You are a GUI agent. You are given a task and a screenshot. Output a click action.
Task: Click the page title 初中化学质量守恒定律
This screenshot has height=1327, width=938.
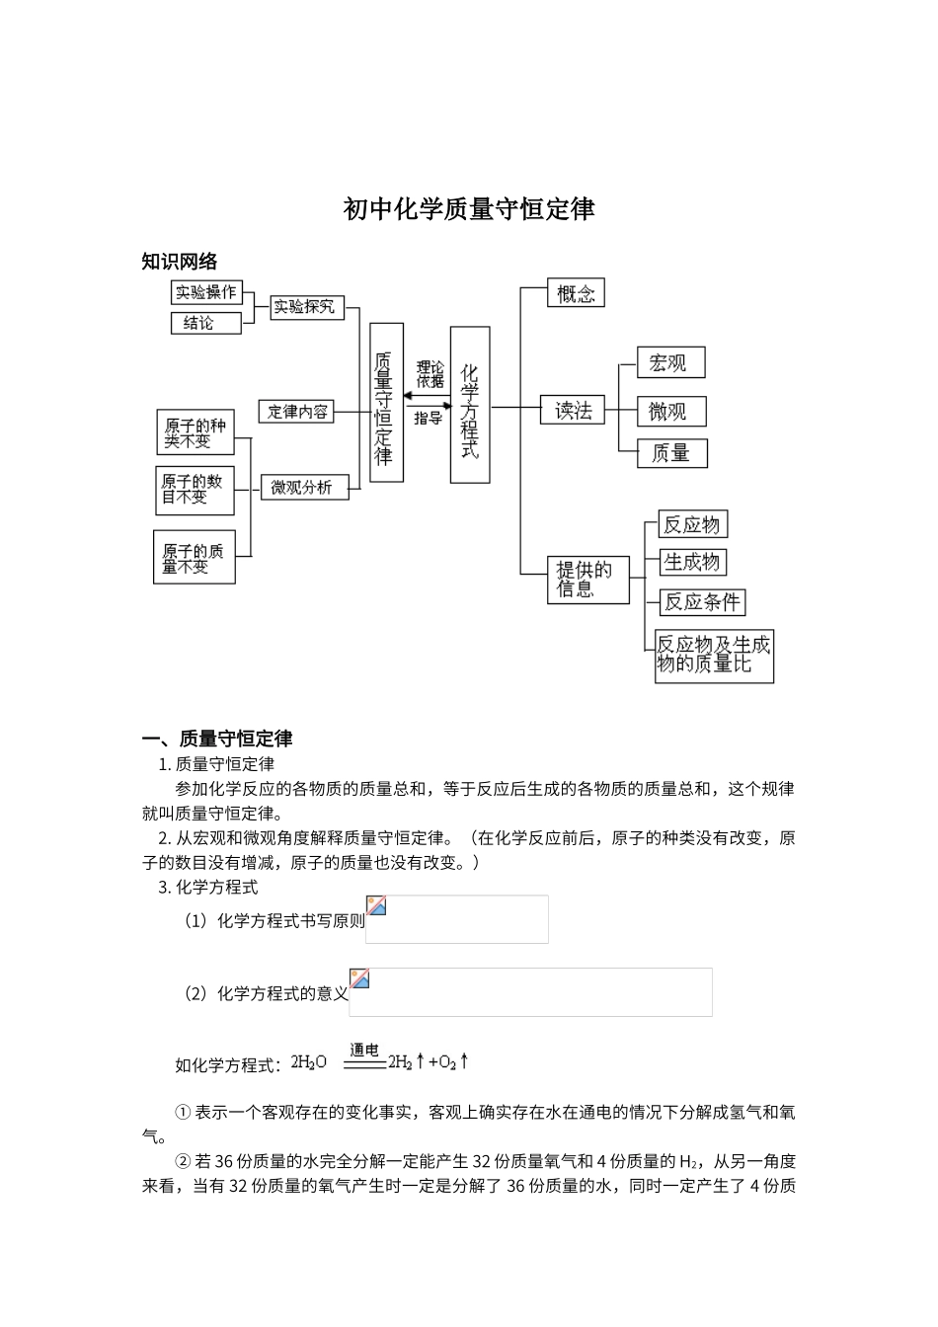tap(469, 209)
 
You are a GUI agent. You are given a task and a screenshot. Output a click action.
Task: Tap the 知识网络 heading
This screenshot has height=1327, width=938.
tap(180, 262)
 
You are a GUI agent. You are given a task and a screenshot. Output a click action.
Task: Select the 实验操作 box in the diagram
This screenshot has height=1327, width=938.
tap(206, 292)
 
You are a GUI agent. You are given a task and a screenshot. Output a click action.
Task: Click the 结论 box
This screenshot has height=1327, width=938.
tap(206, 323)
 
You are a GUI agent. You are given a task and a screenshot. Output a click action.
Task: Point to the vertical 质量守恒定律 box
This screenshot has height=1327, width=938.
tap(386, 402)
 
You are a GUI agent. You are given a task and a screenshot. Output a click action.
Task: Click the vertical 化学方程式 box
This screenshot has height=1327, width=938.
tap(470, 405)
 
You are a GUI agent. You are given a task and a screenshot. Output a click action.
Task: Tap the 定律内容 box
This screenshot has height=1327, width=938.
tap(298, 411)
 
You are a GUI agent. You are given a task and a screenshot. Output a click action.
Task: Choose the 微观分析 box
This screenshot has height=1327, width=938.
tap(304, 487)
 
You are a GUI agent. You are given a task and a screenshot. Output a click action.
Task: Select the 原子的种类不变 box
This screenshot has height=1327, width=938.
tap(195, 432)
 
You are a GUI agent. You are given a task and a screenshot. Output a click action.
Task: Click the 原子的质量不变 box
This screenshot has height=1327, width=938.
tap(195, 558)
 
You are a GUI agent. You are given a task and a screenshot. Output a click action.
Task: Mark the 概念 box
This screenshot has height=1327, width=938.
tap(576, 293)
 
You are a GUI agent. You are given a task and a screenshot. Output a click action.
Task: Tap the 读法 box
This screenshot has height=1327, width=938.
tap(573, 410)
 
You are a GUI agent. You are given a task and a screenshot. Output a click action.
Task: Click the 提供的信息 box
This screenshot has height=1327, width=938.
tap(589, 581)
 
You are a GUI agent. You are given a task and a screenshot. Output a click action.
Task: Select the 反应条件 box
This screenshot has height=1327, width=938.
tap(702, 601)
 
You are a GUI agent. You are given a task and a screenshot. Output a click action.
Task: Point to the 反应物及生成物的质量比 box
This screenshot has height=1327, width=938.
tap(715, 656)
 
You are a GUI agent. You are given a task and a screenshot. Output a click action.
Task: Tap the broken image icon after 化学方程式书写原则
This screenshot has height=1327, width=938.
tap(376, 906)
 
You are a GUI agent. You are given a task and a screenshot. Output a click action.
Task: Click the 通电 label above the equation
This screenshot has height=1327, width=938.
tap(364, 1050)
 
